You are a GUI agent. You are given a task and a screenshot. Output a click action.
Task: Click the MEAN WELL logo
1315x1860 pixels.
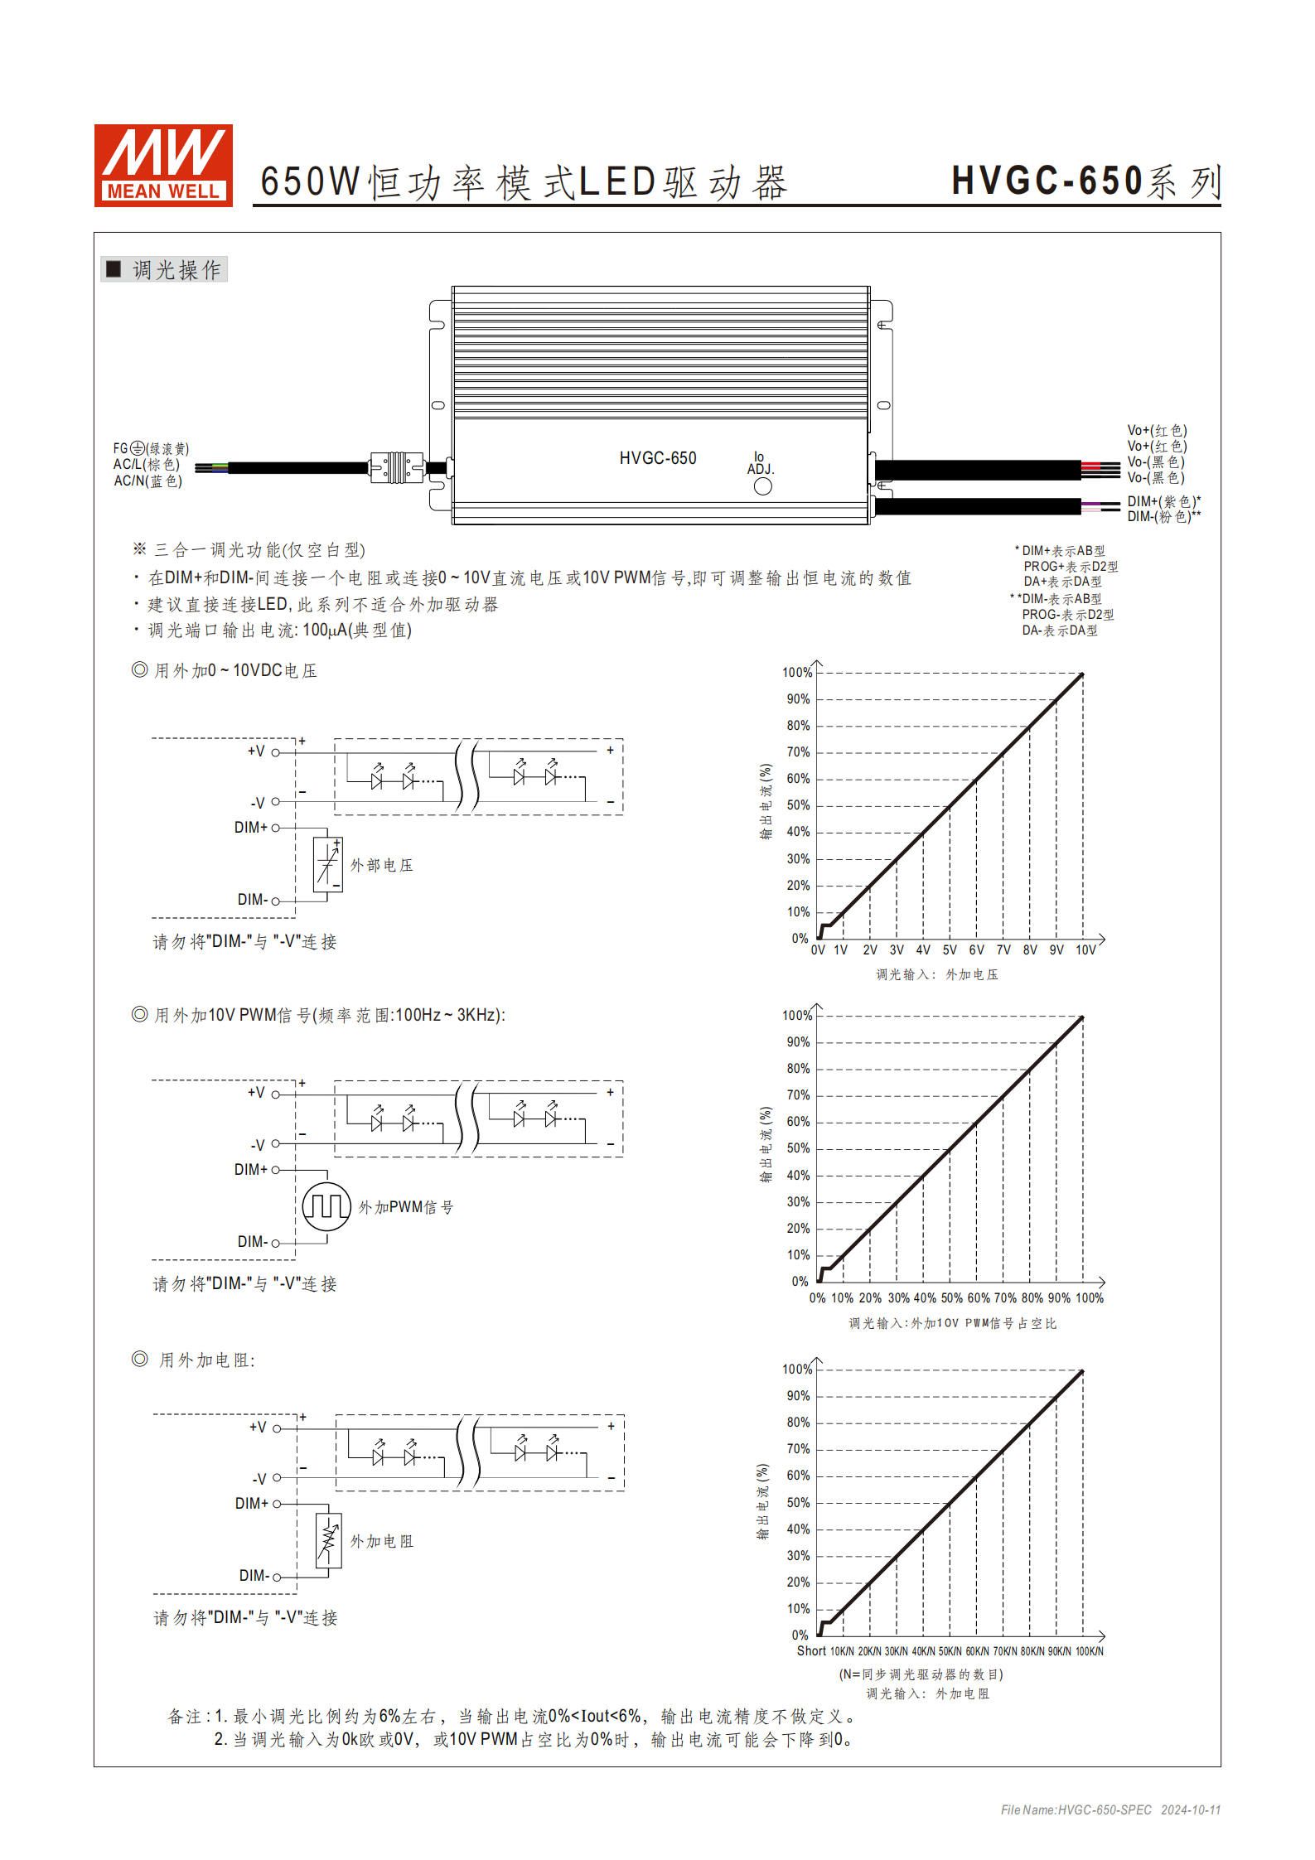[x=163, y=165]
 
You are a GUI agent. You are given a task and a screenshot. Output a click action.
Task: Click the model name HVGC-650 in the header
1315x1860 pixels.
[x=1047, y=181]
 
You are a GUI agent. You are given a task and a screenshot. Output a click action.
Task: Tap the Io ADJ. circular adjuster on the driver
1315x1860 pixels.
[x=762, y=486]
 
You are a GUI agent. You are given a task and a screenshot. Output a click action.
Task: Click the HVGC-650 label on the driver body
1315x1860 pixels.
[x=658, y=458]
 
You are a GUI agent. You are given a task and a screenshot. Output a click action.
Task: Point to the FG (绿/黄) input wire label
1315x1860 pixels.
[x=151, y=448]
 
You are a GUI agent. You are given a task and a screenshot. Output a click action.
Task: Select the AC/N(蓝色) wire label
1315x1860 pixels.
[x=147, y=481]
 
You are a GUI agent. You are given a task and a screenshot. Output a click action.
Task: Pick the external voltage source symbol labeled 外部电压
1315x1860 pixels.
[x=327, y=864]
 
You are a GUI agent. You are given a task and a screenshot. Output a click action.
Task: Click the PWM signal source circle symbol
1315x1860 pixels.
[x=326, y=1206]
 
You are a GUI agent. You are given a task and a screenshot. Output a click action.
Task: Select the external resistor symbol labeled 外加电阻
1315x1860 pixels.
[x=329, y=1540]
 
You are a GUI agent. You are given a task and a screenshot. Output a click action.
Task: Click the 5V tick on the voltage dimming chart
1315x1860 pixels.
[x=950, y=949]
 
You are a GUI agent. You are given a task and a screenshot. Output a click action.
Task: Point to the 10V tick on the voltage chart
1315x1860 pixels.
[x=1085, y=949]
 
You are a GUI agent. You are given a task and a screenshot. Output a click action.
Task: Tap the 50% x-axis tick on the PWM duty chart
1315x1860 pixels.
[x=951, y=1297]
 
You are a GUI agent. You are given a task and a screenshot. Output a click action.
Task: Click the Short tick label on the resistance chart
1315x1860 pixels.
[x=811, y=1650]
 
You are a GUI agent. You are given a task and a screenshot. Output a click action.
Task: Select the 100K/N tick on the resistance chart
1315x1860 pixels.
[x=1089, y=1651]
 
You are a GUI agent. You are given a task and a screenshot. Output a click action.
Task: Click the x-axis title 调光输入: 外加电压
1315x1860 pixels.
[x=937, y=974]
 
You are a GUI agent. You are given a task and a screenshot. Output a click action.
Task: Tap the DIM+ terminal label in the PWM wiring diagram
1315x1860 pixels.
[x=250, y=1169]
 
